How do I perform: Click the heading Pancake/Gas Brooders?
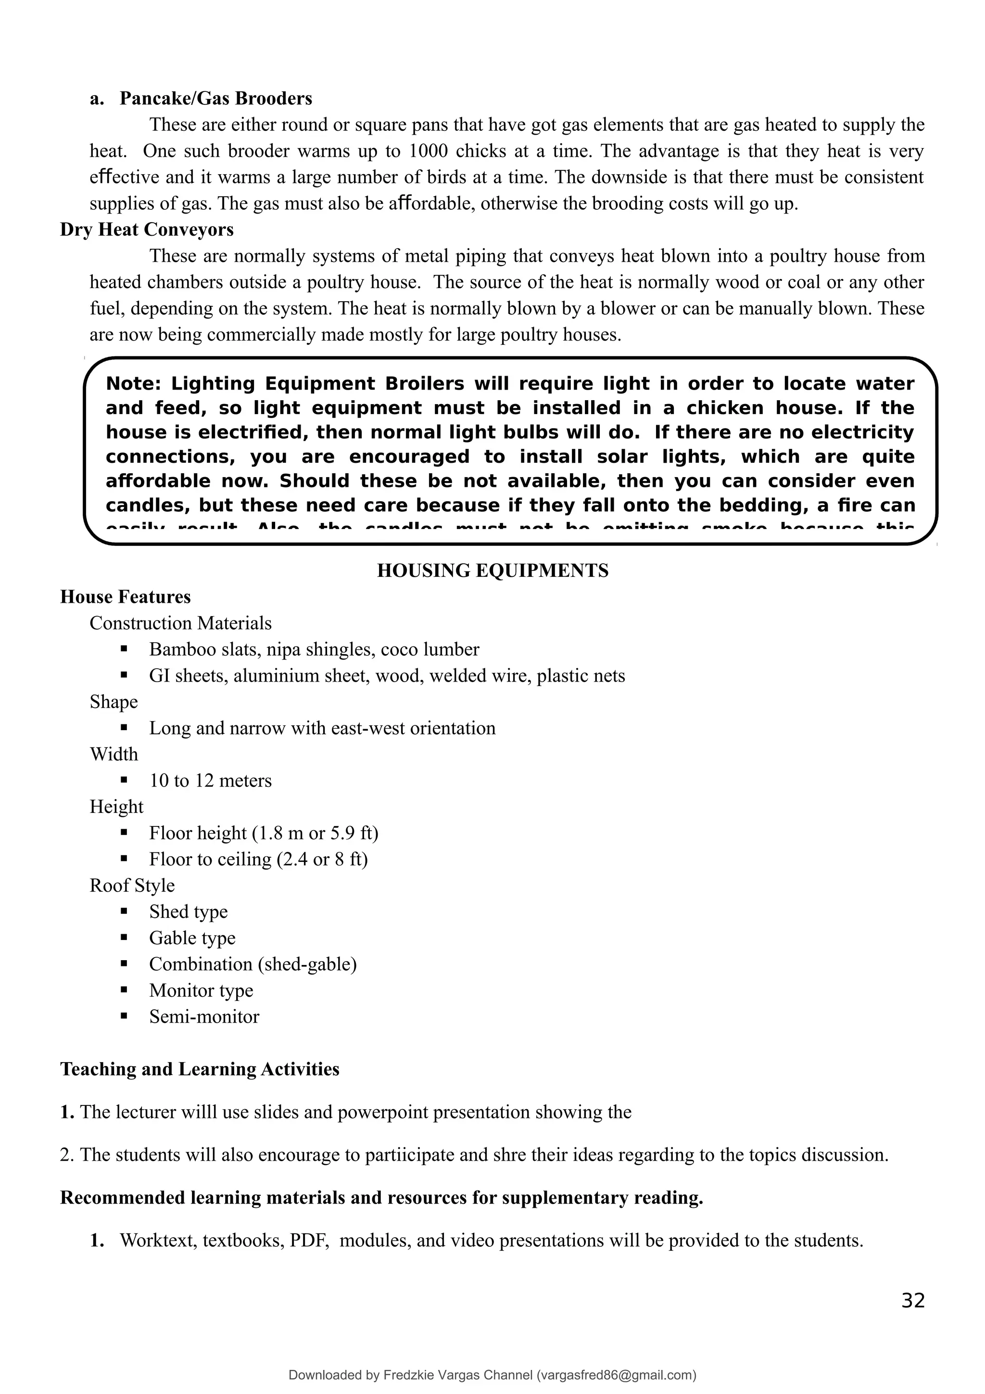click(x=215, y=98)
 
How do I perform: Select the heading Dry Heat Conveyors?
click(x=146, y=229)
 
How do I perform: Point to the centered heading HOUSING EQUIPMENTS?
click(x=492, y=570)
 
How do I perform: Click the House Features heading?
click(x=125, y=597)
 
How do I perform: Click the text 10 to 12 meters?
click(x=210, y=780)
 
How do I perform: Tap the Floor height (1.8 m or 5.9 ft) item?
click(x=264, y=833)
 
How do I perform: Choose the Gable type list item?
click(x=192, y=938)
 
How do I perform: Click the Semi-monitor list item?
click(x=204, y=1017)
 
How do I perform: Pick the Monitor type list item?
click(x=201, y=990)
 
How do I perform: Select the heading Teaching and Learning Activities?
click(x=200, y=1069)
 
